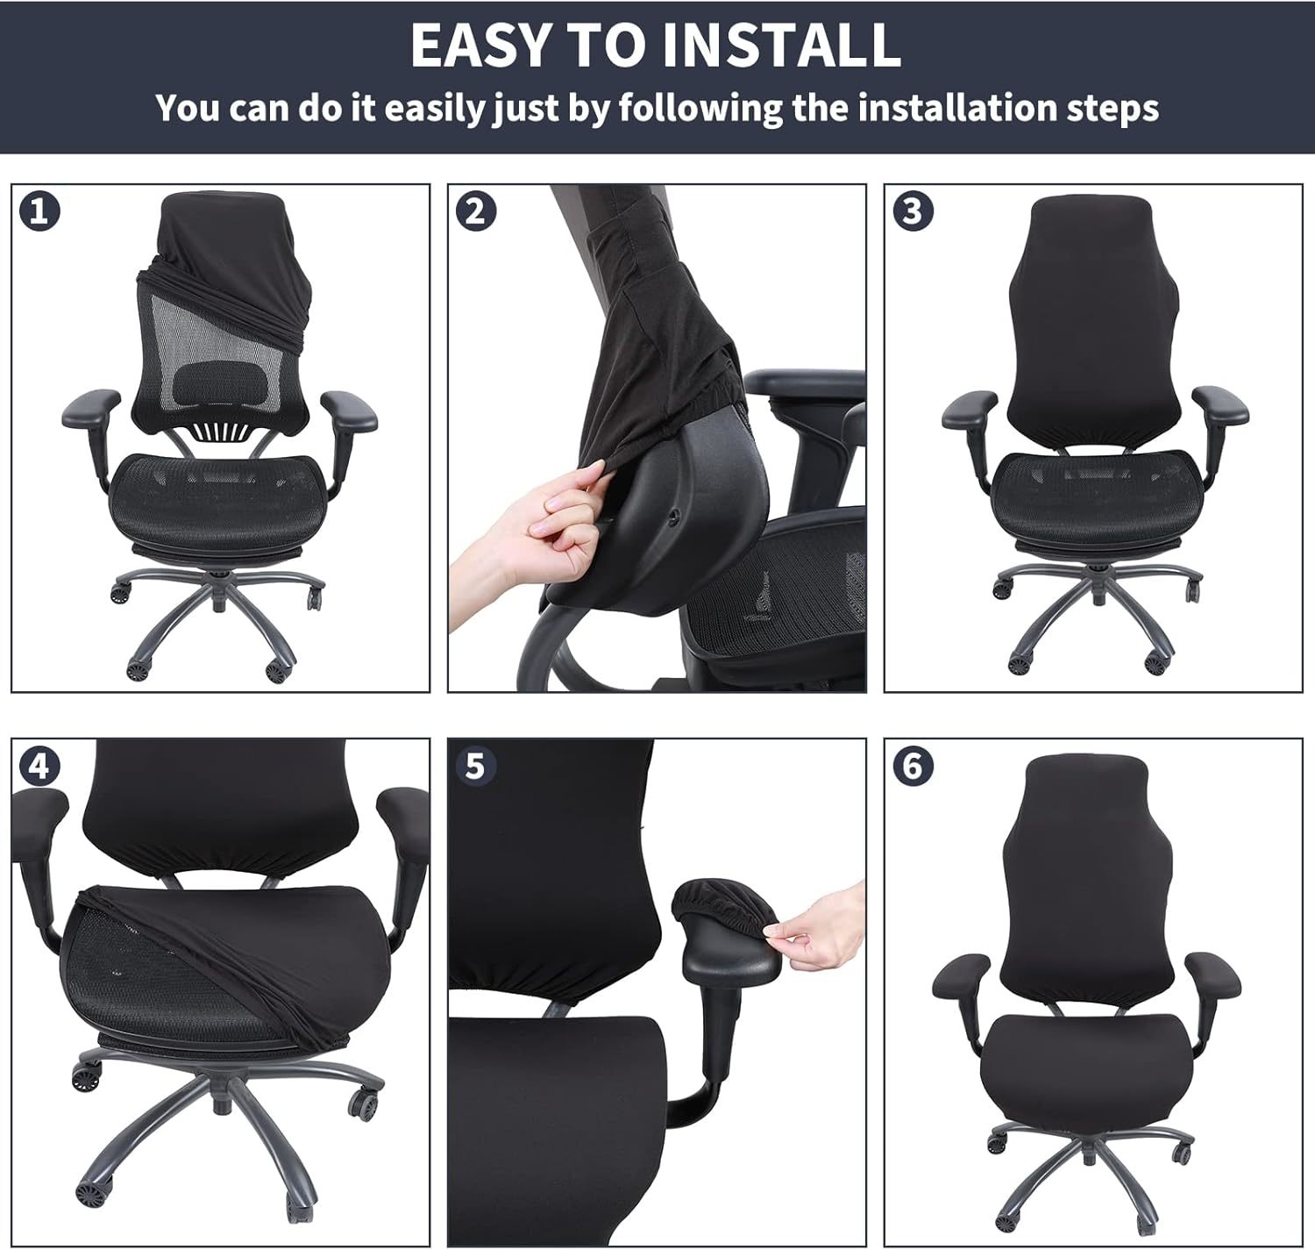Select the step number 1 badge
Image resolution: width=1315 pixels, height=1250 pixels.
[40, 211]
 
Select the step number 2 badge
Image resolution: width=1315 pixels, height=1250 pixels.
[475, 211]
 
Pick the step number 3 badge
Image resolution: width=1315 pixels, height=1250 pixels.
[913, 211]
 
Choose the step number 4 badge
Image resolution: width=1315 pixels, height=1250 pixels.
[40, 766]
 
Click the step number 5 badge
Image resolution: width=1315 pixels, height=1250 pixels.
[475, 766]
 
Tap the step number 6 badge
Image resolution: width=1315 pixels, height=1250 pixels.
[913, 766]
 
